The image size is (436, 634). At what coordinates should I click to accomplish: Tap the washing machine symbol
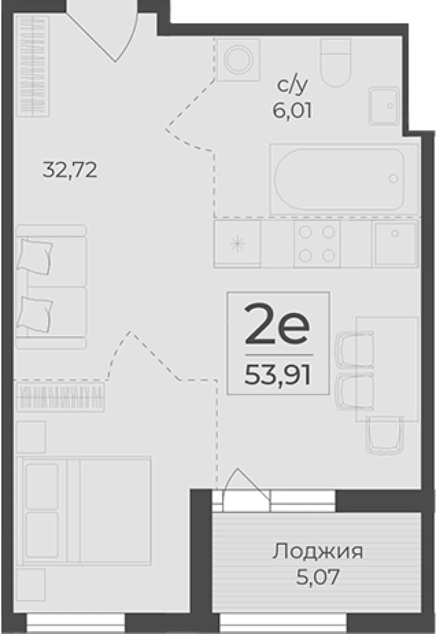tap(238, 60)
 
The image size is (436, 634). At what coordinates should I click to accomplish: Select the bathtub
tap(339, 178)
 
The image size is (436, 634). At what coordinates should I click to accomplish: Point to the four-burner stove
tap(317, 244)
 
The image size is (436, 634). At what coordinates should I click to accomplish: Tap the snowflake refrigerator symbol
tap(237, 244)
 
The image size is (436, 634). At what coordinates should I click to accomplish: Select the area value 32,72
tap(70, 170)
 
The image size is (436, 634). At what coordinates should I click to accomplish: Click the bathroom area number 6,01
tap(292, 110)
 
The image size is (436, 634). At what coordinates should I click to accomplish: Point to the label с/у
tap(292, 85)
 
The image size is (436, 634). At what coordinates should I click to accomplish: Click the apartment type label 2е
tap(277, 323)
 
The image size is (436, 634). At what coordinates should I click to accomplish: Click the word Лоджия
tap(317, 551)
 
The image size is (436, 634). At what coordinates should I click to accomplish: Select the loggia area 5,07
tap(317, 577)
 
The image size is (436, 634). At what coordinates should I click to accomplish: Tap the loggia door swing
tap(246, 487)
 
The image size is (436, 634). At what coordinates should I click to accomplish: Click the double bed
tap(86, 511)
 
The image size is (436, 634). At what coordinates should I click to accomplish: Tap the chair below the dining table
tap(385, 435)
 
